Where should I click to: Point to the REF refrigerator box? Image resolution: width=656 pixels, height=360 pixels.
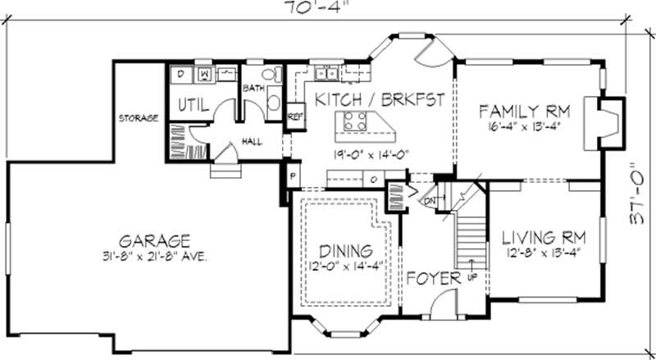[x=294, y=116]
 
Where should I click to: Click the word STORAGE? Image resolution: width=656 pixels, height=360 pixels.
[x=137, y=118]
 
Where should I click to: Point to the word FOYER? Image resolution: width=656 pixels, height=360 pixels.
[x=434, y=279]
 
